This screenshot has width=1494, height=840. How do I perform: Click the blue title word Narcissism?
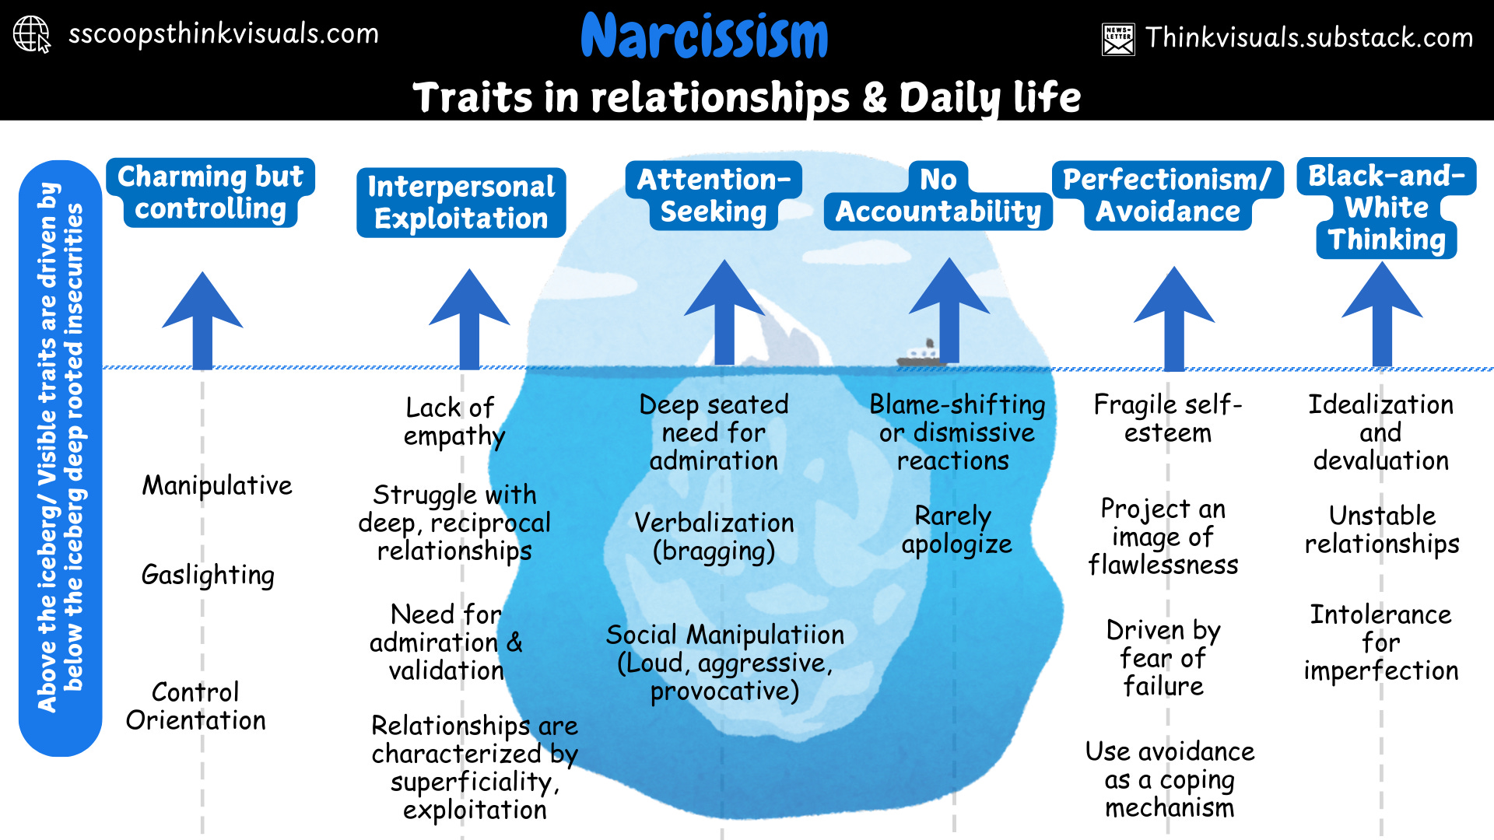[x=704, y=36]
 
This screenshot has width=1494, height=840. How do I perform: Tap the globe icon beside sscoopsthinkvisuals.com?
[x=31, y=34]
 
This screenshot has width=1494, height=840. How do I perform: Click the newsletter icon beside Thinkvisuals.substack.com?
[x=1118, y=38]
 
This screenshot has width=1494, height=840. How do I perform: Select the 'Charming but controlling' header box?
[x=210, y=193]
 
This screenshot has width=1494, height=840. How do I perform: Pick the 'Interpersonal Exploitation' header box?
[x=461, y=202]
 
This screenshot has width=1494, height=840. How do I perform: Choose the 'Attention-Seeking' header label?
[x=713, y=195]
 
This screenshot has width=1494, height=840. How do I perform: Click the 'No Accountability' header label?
[x=938, y=196]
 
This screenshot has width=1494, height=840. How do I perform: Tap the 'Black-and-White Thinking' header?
[x=1386, y=208]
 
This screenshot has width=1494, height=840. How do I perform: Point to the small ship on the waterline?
[x=921, y=355]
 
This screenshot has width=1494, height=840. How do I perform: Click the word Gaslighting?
[x=208, y=576]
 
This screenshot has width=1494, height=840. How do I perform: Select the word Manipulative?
[x=217, y=486]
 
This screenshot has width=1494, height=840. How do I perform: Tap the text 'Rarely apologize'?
[x=956, y=530]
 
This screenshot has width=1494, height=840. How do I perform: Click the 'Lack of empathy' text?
[x=453, y=422]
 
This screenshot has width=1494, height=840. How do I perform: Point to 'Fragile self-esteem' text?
[x=1167, y=418]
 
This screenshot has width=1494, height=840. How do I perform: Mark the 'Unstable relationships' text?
[x=1382, y=530]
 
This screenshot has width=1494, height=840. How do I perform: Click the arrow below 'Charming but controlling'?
[x=202, y=319]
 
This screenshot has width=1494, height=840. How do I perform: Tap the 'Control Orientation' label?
[x=196, y=706]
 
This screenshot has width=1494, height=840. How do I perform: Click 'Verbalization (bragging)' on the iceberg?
[x=714, y=537]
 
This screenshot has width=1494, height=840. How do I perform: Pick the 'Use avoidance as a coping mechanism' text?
[x=1170, y=779]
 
